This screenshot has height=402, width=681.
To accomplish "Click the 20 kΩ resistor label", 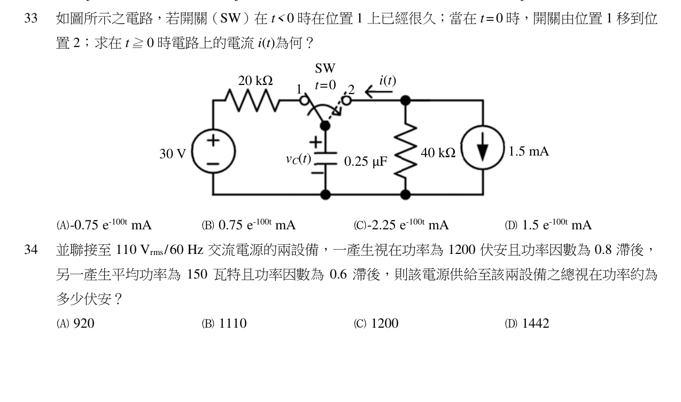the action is point(256,81).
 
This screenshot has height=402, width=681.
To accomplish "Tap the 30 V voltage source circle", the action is point(213,130).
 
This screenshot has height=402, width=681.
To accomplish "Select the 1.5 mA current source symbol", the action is point(483,148).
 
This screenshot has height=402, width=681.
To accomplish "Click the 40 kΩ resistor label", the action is point(438,153).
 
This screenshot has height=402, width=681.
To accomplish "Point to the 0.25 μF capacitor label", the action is point(366,161).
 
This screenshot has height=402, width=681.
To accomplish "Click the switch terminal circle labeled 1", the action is point(304,100).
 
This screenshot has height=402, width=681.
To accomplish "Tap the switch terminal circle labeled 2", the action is point(346,100).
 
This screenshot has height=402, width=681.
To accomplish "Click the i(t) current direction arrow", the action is point(379,91).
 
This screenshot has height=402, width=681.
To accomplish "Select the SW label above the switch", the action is point(325,68).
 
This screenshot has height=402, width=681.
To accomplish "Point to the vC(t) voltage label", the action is point(298,159).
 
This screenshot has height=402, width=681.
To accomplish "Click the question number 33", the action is point(30,18).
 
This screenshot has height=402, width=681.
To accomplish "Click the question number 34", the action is point(30,250).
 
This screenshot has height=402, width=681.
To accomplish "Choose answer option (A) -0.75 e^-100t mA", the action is point(104,225).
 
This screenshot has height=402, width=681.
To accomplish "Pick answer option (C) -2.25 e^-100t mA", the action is point(401,225).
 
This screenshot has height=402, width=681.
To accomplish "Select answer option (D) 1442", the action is point(527,323).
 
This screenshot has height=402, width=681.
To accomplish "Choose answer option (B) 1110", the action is point(224,323).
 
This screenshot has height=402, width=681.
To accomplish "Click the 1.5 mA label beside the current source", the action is point(529,151).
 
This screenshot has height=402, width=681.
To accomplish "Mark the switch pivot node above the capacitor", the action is point(326,126).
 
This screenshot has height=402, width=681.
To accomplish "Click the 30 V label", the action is point(172,154).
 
